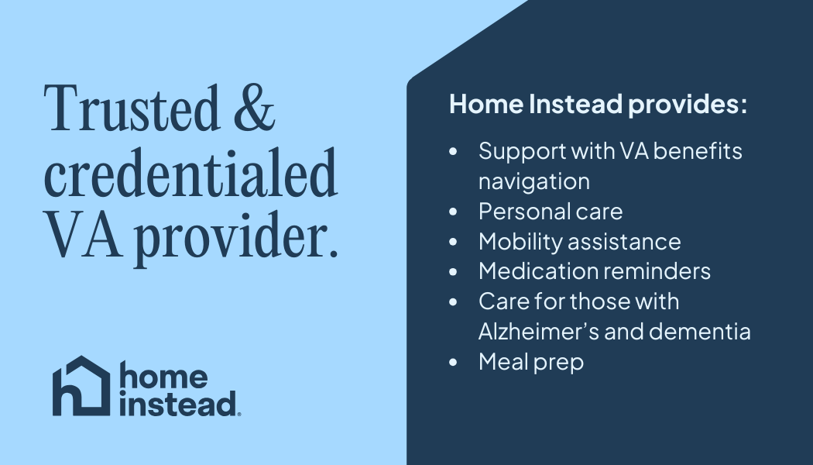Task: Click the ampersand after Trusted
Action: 254,108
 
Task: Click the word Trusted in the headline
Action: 132,108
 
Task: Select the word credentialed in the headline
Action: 190,172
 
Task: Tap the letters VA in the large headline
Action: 84,235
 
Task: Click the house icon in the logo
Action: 81,386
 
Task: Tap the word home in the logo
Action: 164,376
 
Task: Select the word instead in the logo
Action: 178,403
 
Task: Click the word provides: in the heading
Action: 688,105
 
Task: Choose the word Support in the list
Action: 522,153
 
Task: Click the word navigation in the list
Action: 534,182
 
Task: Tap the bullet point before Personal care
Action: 453,212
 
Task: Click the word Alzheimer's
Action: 539,332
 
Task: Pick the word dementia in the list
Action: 699,332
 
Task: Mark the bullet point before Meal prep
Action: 453,362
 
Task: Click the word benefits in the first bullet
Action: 698,152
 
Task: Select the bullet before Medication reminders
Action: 453,271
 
